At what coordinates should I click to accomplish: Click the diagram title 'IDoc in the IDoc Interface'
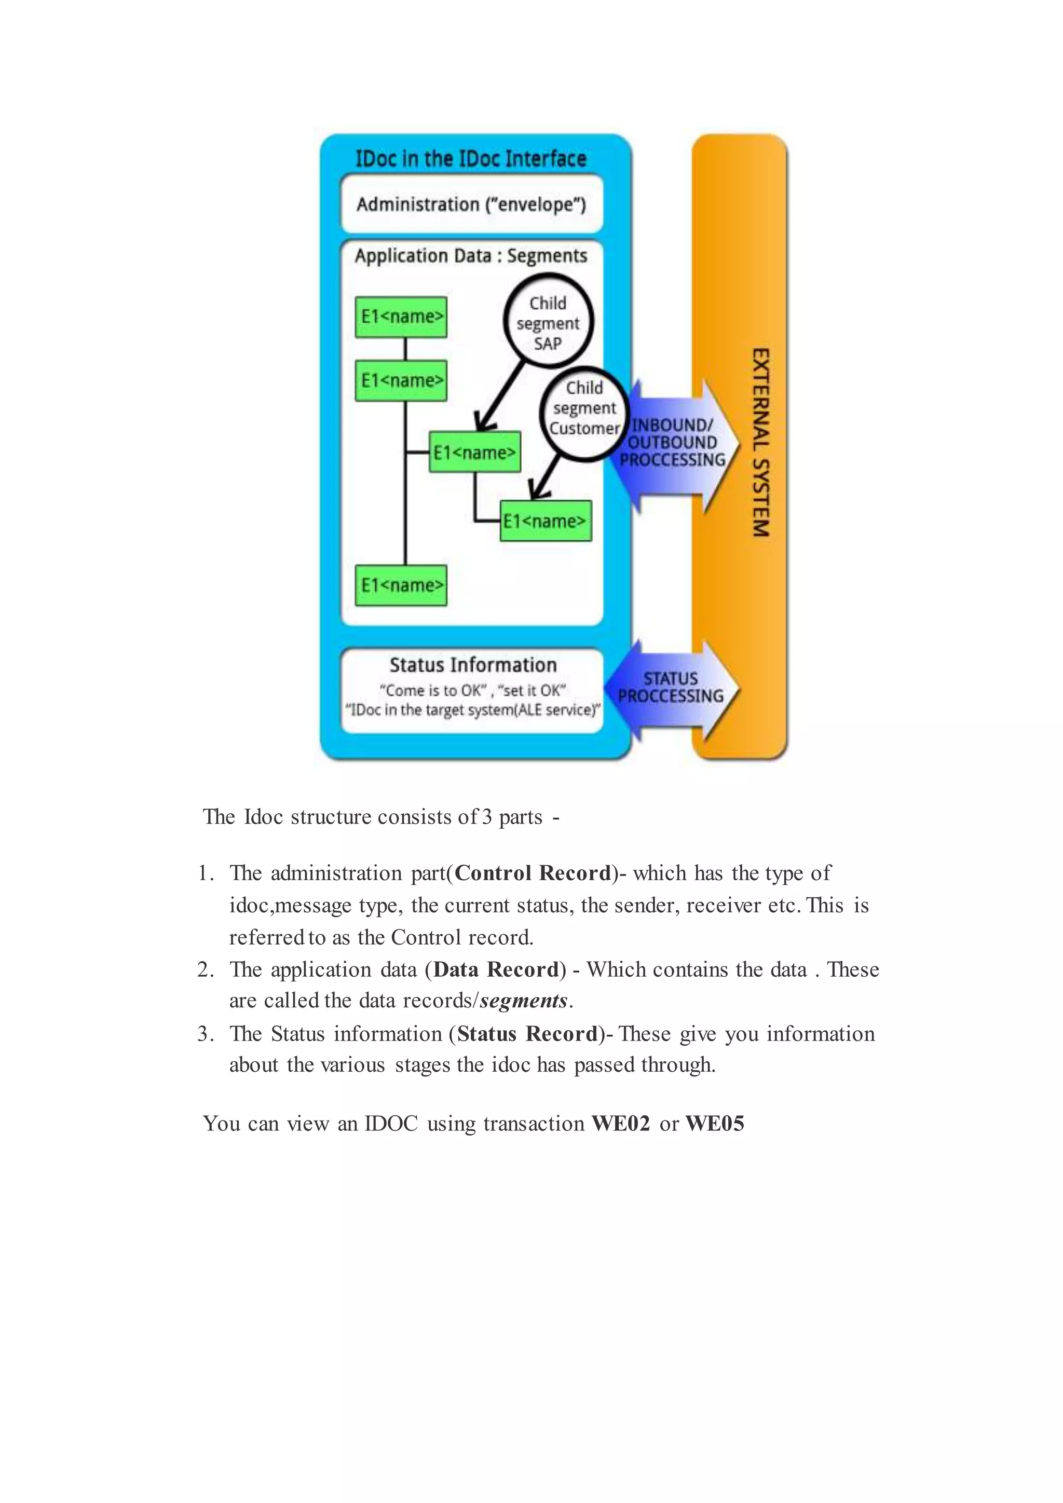click(471, 159)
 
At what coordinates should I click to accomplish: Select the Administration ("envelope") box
click(471, 204)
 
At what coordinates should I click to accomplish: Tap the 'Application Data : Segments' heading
click(471, 256)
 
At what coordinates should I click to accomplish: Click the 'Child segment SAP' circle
click(548, 323)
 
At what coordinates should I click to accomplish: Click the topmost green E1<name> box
click(401, 317)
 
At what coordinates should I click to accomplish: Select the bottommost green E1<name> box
click(401, 585)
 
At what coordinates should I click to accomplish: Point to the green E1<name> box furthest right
click(545, 521)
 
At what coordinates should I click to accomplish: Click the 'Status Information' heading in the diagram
click(473, 665)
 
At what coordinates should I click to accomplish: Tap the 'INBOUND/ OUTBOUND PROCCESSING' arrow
click(674, 444)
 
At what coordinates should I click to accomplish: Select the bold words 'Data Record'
click(496, 969)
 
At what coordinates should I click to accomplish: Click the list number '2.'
click(206, 969)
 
